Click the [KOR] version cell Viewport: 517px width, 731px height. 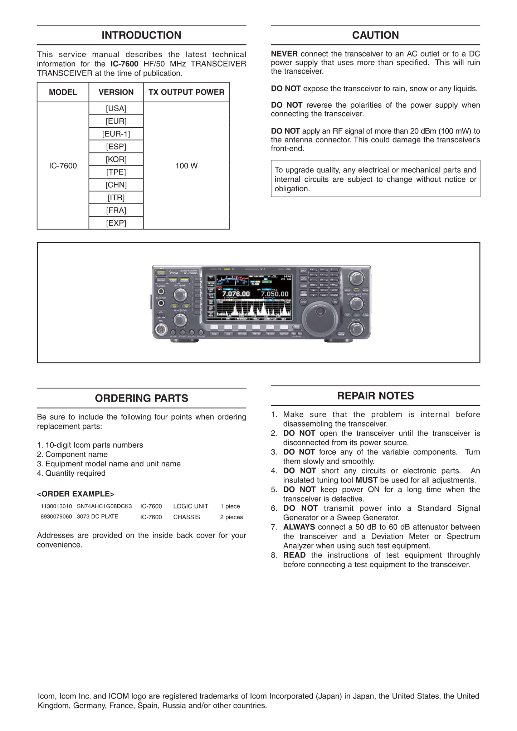tap(116, 159)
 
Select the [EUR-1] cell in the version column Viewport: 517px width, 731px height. tap(116, 134)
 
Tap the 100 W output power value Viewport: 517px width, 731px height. tap(186, 166)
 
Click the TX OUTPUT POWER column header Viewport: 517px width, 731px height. tap(186, 92)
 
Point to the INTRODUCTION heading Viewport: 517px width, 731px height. tap(141, 35)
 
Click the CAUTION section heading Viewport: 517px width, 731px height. tap(375, 35)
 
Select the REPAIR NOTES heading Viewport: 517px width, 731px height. tap(375, 396)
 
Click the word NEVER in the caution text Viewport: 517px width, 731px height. tap(284, 54)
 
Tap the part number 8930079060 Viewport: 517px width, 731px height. tap(56, 516)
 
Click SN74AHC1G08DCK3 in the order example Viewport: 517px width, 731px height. tap(104, 506)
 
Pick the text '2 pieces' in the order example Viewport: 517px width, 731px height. tap(231, 517)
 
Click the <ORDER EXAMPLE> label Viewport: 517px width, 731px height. tap(75, 494)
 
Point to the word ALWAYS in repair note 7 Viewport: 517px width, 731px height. tap(299, 527)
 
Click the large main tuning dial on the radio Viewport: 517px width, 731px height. tap(320, 316)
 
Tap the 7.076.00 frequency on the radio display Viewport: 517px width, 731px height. tap(236, 294)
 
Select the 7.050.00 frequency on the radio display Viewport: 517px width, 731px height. tap(274, 294)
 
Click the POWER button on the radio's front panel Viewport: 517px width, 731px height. tap(161, 273)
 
